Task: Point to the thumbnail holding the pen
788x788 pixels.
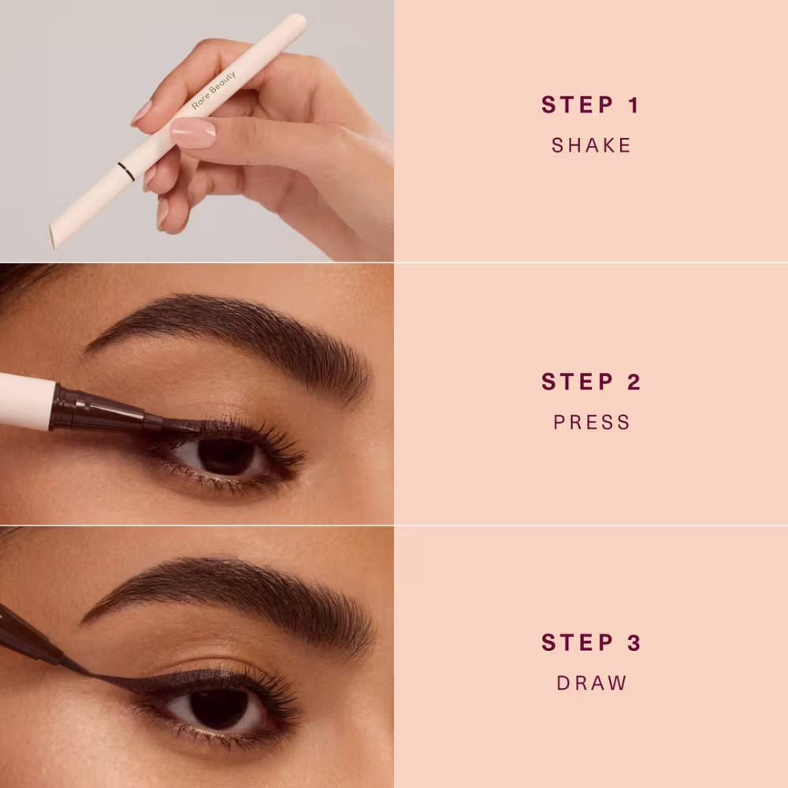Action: click(192, 133)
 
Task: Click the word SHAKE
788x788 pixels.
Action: click(591, 145)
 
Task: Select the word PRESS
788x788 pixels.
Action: click(591, 422)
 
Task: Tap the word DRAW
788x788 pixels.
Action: click(591, 683)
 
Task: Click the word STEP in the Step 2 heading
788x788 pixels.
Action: click(575, 382)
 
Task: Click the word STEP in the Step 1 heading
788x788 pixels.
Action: click(575, 105)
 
